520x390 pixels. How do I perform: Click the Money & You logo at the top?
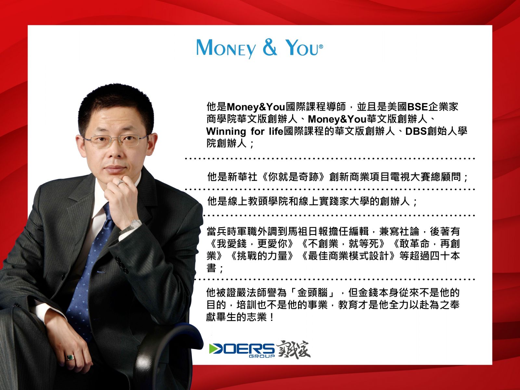pyautogui.click(x=260, y=48)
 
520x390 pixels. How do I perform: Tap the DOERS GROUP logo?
pyautogui.click(x=242, y=350)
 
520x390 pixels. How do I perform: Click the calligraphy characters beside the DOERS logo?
pyautogui.click(x=293, y=350)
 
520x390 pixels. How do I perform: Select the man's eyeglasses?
pyautogui.click(x=115, y=140)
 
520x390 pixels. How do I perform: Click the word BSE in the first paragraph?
pyautogui.click(x=417, y=107)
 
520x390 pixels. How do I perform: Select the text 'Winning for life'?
pyautogui.click(x=245, y=131)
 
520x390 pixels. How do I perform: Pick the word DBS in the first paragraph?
pyautogui.click(x=416, y=131)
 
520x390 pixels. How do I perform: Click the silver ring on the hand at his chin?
pyautogui.click(x=120, y=182)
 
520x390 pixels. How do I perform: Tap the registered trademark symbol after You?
pyautogui.click(x=321, y=47)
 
